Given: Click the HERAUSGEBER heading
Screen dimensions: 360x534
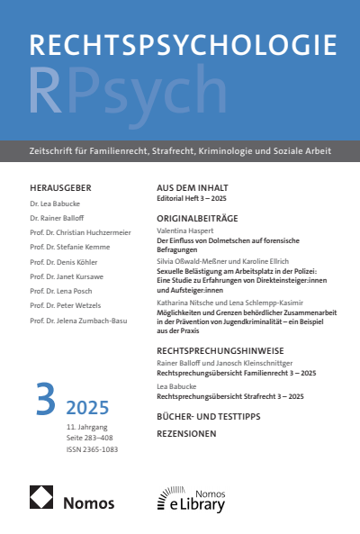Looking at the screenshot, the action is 60,187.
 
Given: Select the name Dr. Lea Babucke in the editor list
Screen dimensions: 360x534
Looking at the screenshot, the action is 55,204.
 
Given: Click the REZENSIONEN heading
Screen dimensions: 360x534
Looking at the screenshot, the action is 187,433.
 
